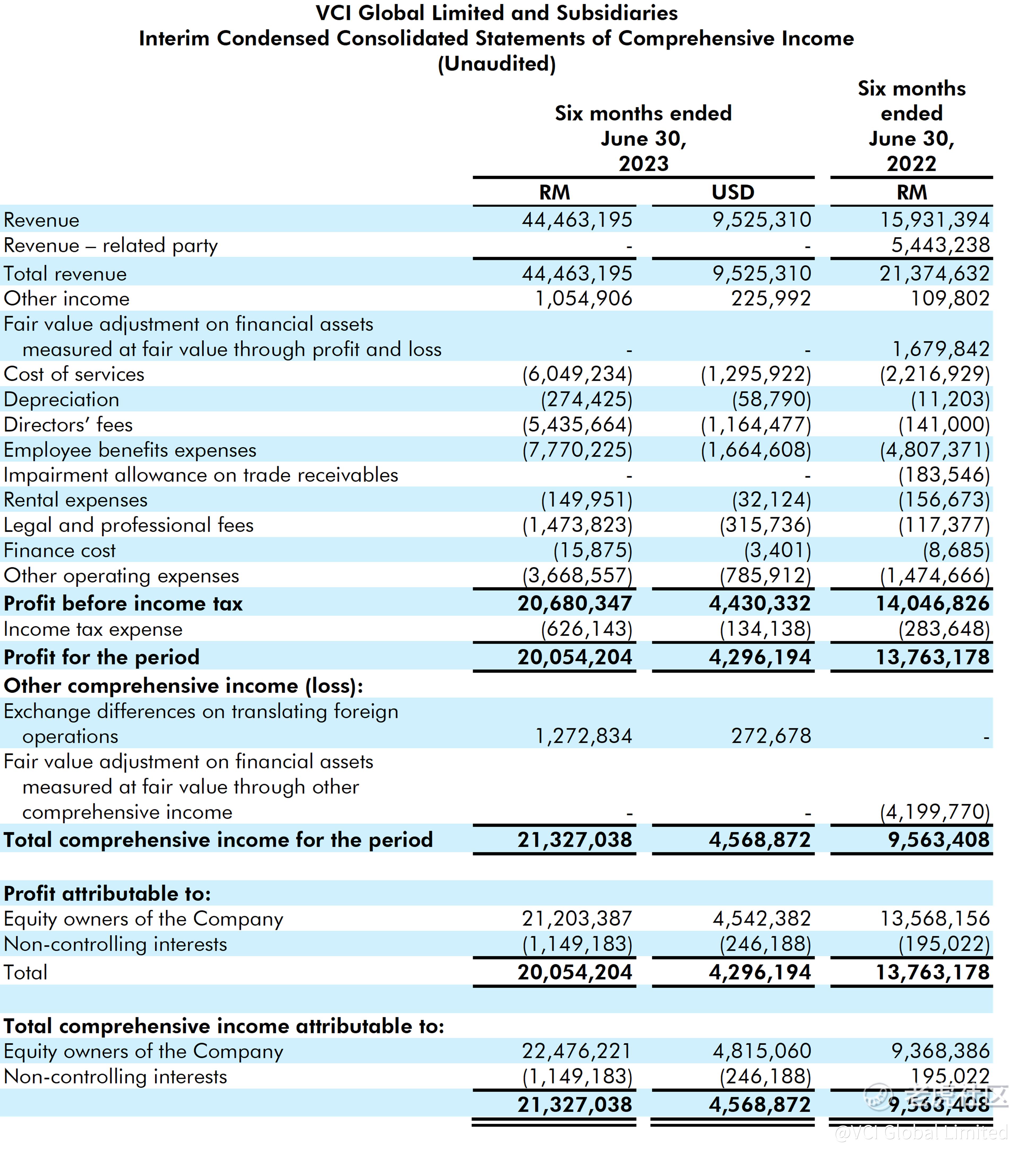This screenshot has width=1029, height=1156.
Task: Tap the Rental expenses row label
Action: tap(75, 500)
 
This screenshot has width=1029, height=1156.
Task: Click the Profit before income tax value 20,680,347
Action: tap(574, 604)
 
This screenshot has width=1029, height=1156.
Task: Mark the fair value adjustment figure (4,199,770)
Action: tap(935, 812)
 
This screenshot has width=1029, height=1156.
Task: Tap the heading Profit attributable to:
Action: tap(107, 894)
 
